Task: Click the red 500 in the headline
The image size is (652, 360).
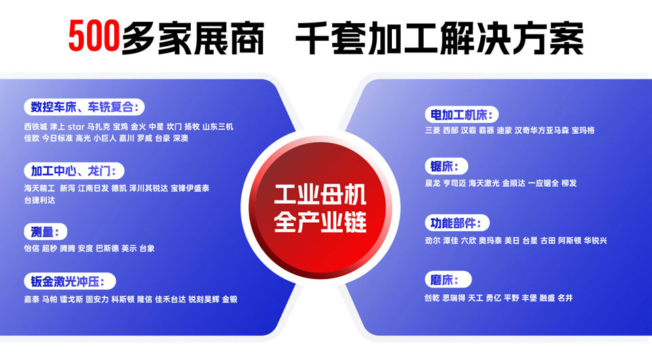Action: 94,36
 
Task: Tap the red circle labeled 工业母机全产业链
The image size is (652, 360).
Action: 320,207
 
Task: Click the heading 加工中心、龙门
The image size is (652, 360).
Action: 74,171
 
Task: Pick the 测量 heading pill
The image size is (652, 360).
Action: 46,232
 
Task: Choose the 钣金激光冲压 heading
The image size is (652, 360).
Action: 70,281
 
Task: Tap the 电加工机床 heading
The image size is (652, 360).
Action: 462,114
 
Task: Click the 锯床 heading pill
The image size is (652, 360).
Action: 446,166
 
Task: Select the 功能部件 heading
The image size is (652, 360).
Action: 457,223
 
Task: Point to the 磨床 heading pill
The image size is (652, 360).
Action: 448,280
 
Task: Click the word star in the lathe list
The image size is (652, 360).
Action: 76,127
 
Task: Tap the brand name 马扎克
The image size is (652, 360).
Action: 98,127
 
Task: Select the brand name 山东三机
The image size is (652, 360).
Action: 218,127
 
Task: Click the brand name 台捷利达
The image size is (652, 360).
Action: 39,200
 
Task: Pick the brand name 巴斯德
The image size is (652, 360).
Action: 107,249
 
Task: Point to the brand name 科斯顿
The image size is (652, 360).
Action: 123,300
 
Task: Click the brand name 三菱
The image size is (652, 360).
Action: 433,130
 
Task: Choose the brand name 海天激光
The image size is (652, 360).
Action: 484,183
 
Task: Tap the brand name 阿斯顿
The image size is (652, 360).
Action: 570,240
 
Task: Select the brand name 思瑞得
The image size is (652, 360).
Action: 454,298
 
